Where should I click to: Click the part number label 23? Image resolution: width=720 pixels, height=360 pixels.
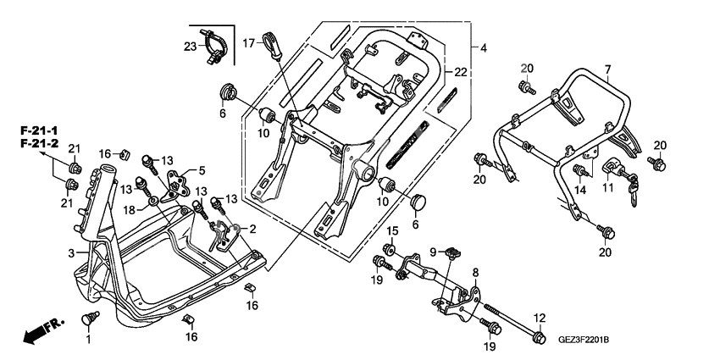point(190,47)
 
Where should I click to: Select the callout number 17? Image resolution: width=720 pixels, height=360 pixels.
point(249,42)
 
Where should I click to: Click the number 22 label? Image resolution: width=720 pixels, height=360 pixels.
point(460,71)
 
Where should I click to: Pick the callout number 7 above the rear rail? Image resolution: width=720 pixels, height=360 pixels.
point(606,68)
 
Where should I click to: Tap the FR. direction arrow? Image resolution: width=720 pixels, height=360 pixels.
point(37,332)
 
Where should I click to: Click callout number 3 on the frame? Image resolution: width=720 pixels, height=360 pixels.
point(70,252)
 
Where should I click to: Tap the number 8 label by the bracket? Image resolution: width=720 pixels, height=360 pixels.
point(475,272)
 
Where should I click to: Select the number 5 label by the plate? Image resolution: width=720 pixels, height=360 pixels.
point(202,169)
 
